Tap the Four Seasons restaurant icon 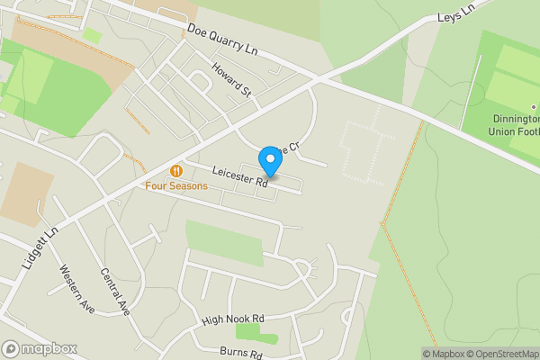(x=176, y=171)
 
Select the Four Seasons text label (x=176, y=186)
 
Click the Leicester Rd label (x=240, y=175)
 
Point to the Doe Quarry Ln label (x=222, y=41)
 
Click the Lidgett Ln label (x=42, y=244)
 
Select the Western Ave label (x=77, y=289)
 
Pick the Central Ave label (x=116, y=292)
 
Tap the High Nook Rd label (x=233, y=319)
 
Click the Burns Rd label (x=238, y=352)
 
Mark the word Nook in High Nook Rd (x=237, y=319)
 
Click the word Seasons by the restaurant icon (x=187, y=186)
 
